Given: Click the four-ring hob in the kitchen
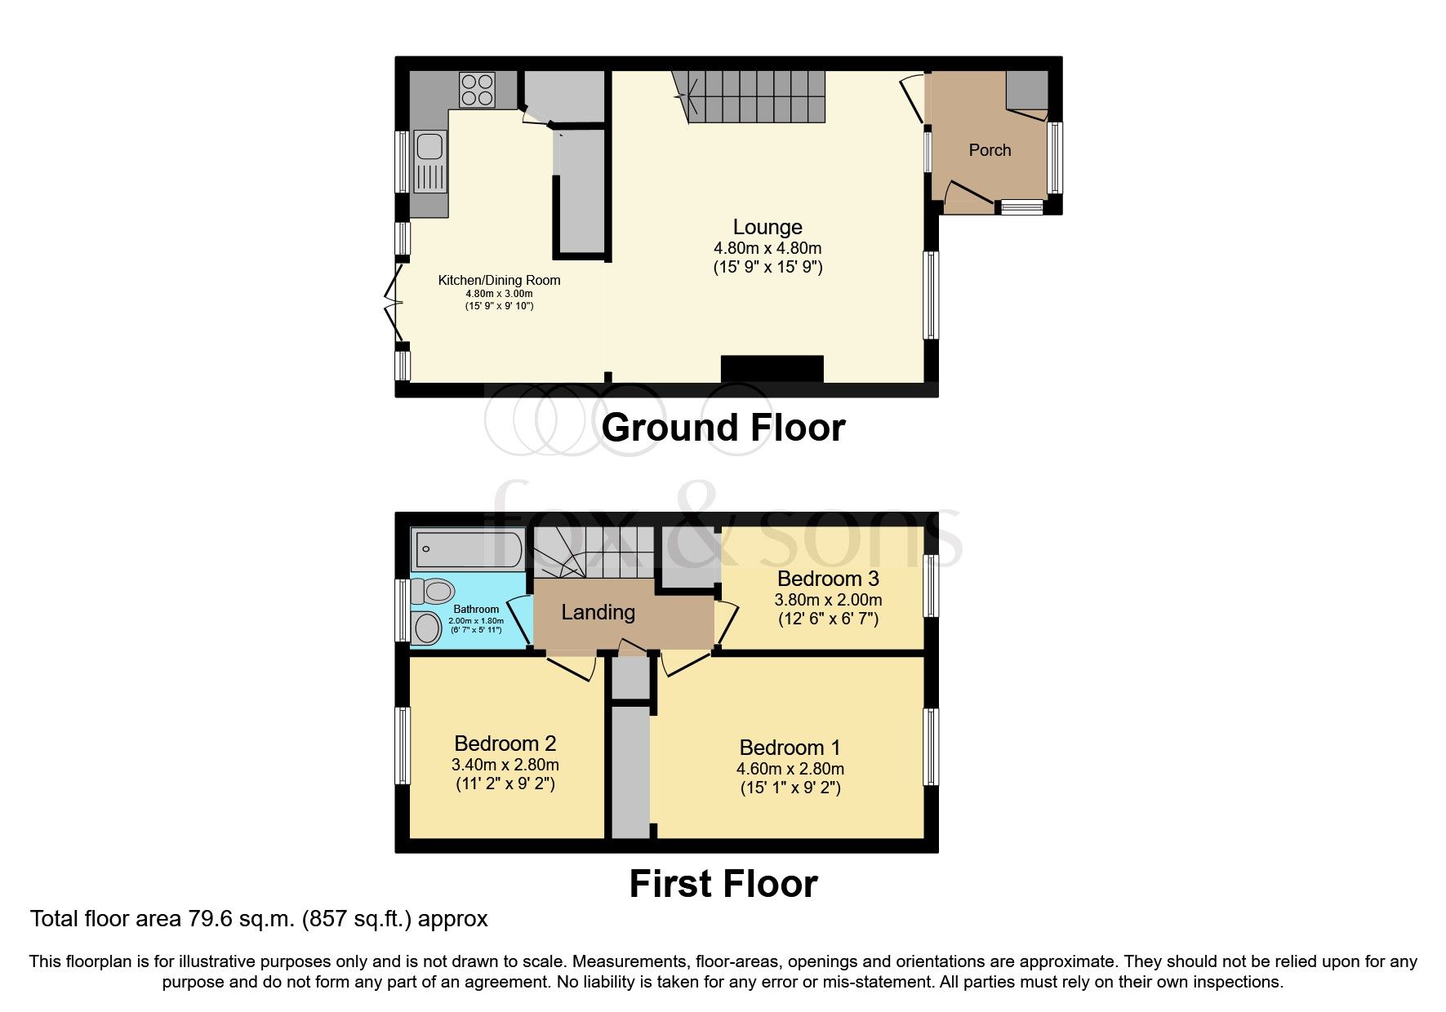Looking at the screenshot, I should coord(478,90).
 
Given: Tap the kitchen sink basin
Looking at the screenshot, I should coord(429,147).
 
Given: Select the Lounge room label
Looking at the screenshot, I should coord(767,227).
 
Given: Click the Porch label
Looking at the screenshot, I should coord(990,150).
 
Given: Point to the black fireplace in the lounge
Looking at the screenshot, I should coord(772,369).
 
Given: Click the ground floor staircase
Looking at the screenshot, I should coord(755,96).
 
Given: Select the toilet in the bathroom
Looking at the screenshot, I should coord(432,590).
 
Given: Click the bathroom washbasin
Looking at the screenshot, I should coord(427,628).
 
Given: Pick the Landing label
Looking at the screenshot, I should coord(598,612).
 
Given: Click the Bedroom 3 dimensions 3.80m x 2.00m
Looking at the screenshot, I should coord(828,600).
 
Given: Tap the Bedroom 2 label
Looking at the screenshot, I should coord(505,743).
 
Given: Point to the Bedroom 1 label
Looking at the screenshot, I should coord(790,748).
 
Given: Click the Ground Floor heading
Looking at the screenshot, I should coord(723,428).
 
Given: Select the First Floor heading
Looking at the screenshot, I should coord(723,884).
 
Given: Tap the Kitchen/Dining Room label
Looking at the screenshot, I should coord(499,280).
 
